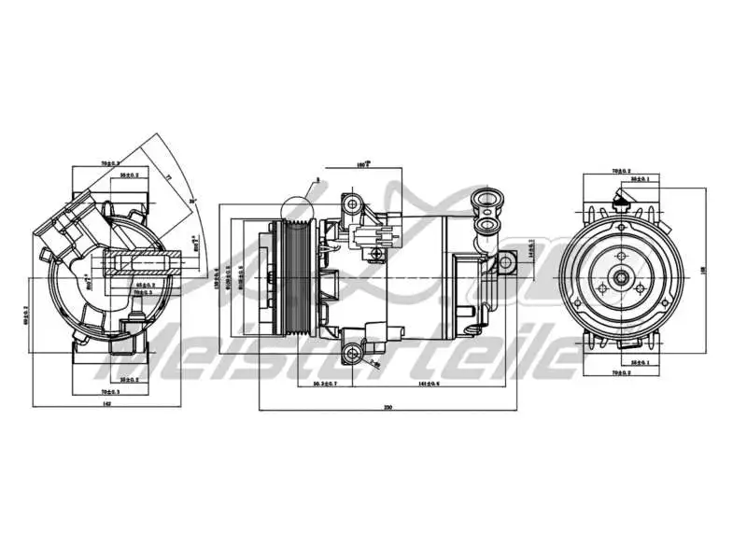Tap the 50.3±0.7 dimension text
point(326,383)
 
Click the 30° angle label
point(193,199)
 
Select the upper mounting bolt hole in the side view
point(352,203)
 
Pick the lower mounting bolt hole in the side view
point(352,353)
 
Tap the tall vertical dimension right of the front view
point(702,271)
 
